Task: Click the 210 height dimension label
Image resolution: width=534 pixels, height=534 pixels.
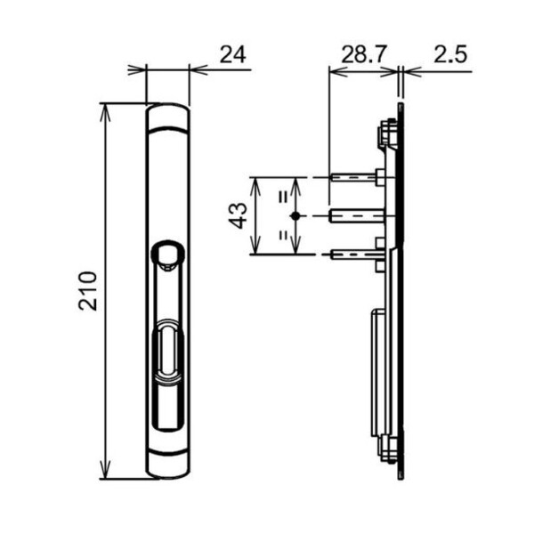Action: (87, 290)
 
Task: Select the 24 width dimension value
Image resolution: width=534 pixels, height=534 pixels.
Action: (232, 55)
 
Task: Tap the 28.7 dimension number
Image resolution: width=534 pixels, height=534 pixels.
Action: (364, 54)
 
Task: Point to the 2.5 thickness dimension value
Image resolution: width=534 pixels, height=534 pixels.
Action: (450, 54)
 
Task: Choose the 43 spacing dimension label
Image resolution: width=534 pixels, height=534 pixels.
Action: (238, 215)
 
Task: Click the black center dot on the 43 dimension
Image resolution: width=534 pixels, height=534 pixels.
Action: (295, 216)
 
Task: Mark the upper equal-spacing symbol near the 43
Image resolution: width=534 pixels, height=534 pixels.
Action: (283, 197)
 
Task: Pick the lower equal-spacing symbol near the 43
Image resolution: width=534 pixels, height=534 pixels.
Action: (283, 235)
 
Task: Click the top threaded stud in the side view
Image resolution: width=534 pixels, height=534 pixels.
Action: (358, 177)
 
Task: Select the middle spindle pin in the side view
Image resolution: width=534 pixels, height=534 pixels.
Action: (357, 216)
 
